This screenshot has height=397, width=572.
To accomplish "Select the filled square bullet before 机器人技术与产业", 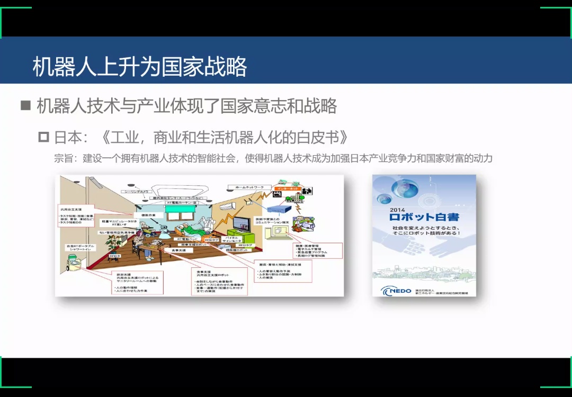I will coord(26,105).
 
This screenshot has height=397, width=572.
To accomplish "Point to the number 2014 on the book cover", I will coord(397,210).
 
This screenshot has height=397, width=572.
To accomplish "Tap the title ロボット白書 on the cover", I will coord(424,217).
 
